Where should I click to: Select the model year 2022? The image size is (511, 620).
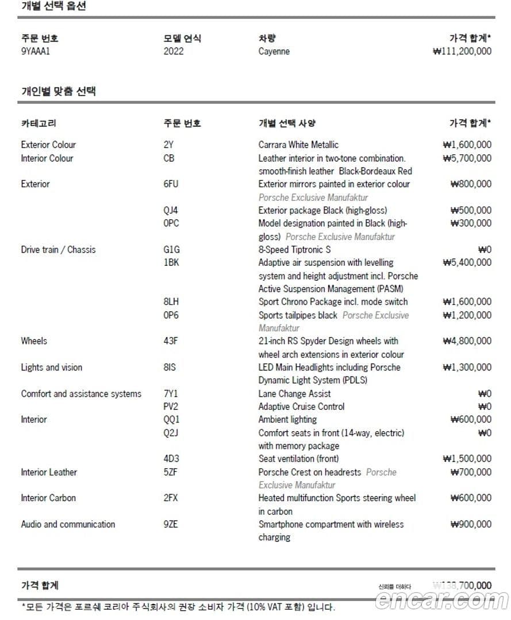tap(174, 51)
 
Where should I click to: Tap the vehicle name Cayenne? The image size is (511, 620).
tap(274, 51)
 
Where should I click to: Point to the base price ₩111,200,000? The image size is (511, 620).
tap(462, 51)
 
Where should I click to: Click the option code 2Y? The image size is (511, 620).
tap(168, 145)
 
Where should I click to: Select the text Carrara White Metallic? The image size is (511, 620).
tap(298, 145)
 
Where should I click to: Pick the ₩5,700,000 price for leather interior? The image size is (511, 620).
tap(467, 158)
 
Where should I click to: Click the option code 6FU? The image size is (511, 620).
tap(171, 184)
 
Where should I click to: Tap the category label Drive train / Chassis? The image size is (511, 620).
tap(59, 249)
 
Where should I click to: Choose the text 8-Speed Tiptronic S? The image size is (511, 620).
tap(295, 249)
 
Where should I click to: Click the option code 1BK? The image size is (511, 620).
tap(171, 262)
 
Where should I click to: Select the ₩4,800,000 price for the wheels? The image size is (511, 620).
tap(467, 340)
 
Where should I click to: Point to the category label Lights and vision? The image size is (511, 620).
tap(52, 367)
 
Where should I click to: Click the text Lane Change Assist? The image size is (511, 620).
tap(295, 393)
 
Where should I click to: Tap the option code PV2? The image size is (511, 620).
tap(171, 406)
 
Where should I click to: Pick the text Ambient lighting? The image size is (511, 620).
tap(287, 419)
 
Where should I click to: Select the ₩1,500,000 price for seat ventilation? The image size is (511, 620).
tap(467, 458)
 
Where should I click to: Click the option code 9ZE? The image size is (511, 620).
tap(171, 524)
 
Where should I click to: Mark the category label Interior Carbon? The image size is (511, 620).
tap(48, 498)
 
